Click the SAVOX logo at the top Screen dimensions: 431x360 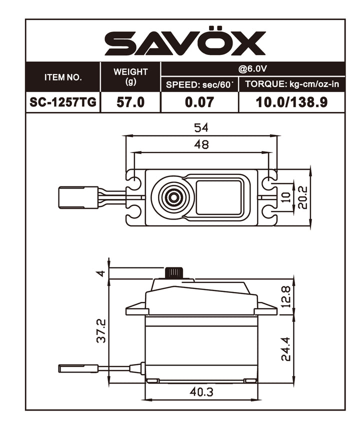point(185,43)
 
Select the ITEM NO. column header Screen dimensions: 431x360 point(63,77)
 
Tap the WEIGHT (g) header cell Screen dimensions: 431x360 point(130,77)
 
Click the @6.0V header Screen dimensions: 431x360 point(252,69)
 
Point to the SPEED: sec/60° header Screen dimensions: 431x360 point(199,84)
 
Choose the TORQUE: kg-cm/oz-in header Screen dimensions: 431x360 point(292,84)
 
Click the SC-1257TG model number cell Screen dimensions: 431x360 point(63,102)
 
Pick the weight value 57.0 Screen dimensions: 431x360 point(130,102)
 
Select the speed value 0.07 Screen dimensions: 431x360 point(199,102)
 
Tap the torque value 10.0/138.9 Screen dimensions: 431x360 point(292,102)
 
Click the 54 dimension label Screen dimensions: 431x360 point(201,127)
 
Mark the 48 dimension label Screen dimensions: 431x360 point(201,145)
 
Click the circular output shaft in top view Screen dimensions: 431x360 point(172,196)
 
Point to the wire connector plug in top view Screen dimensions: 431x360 point(78,196)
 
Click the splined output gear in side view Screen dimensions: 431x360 point(174,273)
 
